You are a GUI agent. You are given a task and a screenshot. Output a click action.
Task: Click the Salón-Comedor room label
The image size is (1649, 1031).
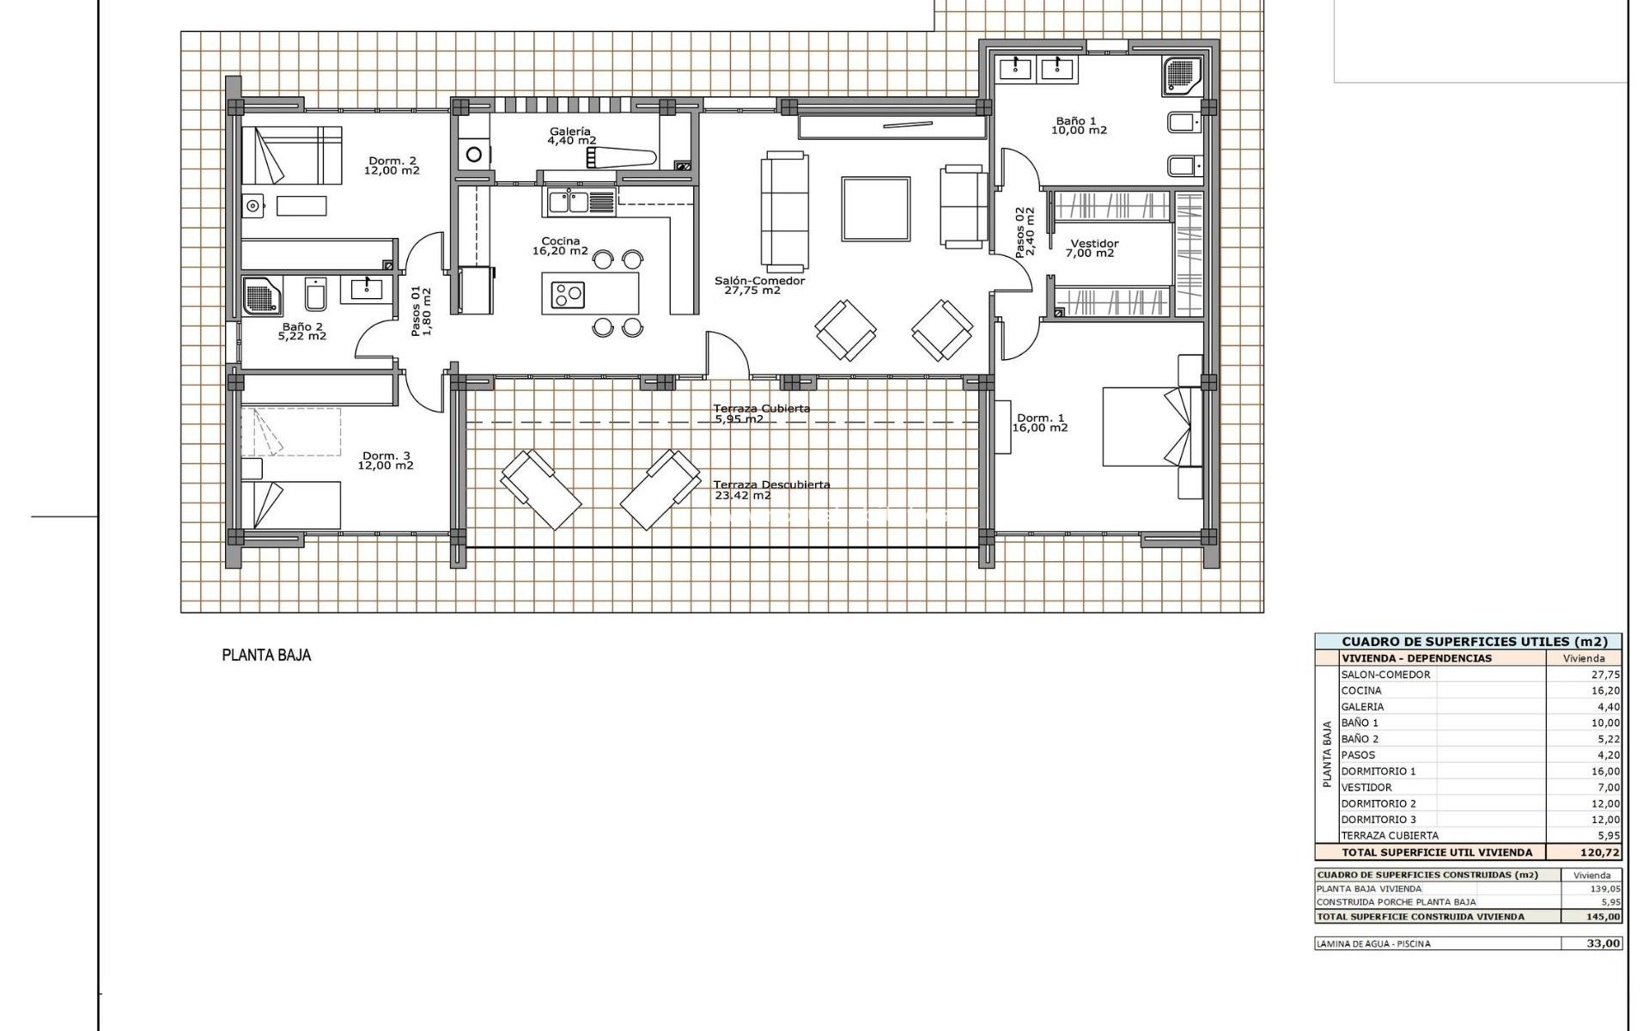point(759,281)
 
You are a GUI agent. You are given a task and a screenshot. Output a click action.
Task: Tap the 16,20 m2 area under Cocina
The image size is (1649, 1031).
point(560,252)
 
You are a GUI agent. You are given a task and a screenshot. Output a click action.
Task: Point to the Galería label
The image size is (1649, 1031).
point(570,131)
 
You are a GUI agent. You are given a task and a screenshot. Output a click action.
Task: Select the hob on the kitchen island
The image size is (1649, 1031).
point(568,295)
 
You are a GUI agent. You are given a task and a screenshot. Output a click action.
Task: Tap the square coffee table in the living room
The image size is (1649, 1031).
point(875,209)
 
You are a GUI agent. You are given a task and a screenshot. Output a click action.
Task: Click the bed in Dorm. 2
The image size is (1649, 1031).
point(291,155)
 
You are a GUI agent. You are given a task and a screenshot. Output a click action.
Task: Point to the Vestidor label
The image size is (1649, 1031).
point(1094,244)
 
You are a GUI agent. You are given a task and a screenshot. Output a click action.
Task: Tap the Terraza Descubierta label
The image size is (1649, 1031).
point(771,485)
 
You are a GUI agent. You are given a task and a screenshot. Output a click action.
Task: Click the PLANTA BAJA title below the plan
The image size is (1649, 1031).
point(266,656)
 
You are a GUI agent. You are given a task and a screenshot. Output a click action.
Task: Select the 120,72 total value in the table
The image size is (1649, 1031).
point(1599,853)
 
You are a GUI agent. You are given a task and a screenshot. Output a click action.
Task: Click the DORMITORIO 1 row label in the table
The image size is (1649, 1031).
point(1378,772)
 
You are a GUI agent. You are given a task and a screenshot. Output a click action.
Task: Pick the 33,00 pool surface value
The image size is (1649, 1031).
point(1603,943)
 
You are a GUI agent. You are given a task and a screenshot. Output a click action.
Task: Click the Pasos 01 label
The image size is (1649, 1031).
point(417,311)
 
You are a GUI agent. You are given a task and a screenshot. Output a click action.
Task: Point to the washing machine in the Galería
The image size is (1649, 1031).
point(473,155)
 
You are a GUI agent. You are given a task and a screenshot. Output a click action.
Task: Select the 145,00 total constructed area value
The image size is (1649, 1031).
point(1603,917)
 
